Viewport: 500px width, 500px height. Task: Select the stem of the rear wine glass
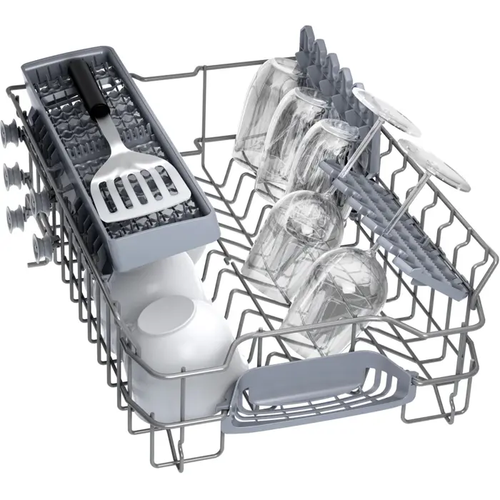click(x=357, y=154)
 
